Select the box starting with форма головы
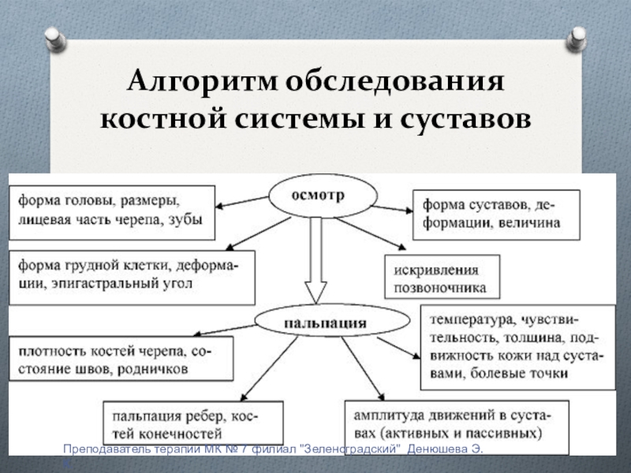pos(111,212)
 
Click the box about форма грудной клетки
pos(132,277)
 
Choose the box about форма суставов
pos(496,213)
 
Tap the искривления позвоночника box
pos(442,277)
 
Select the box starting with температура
pos(517,348)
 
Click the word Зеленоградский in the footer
pos(351,449)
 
